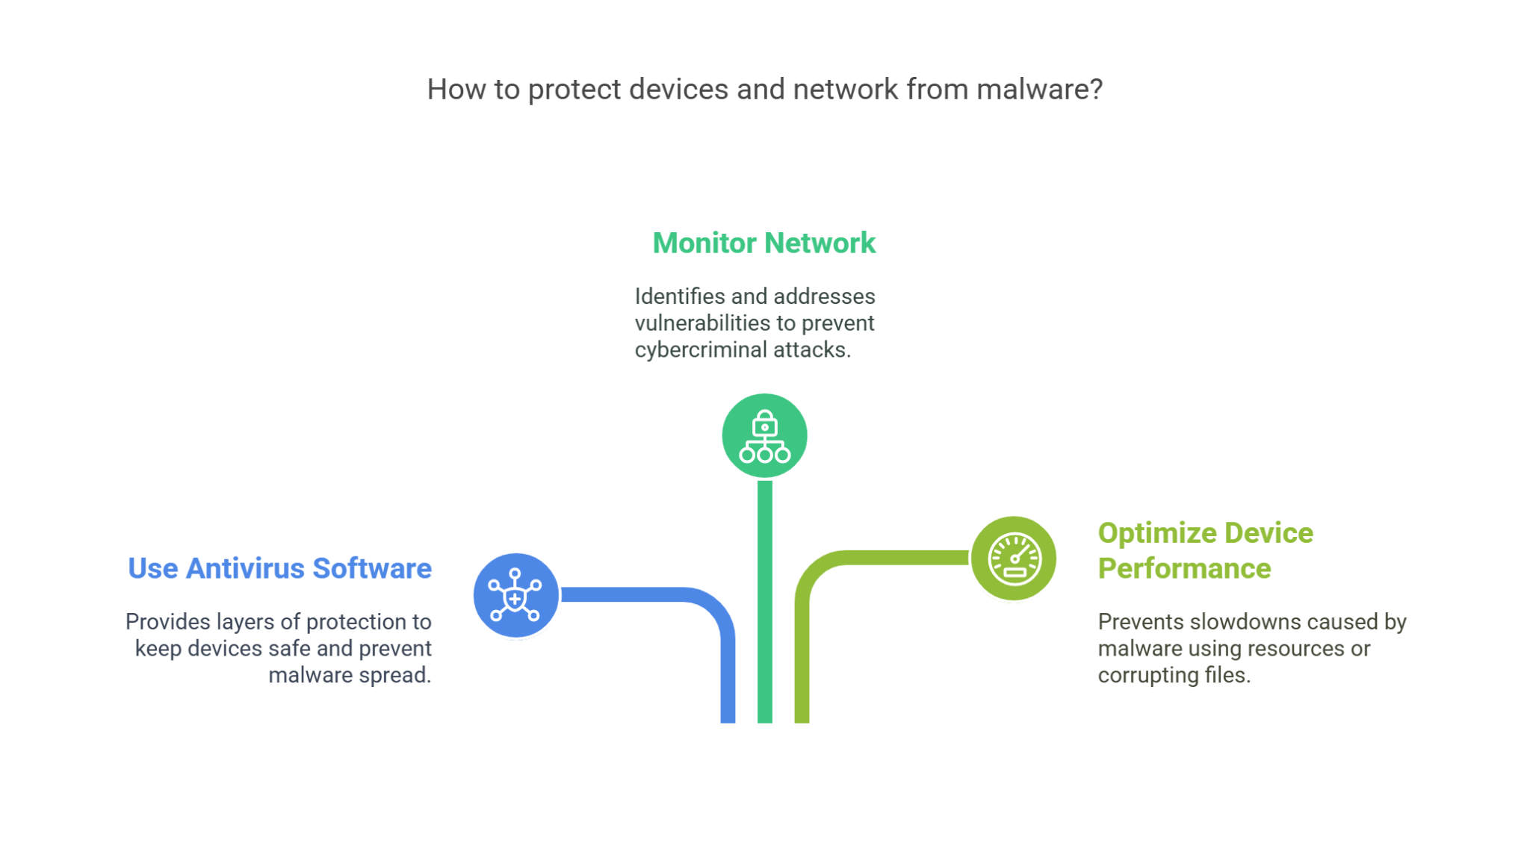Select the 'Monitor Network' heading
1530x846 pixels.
764,243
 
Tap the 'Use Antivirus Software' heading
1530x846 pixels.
279,568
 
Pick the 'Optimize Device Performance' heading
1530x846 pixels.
1205,550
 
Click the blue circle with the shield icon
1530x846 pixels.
515,595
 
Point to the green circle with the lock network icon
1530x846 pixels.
764,435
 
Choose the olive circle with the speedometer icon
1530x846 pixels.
1013,559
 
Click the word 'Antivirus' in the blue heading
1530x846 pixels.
245,568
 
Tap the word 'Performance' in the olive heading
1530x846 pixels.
1184,568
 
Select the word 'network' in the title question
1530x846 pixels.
845,90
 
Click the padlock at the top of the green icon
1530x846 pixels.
764,423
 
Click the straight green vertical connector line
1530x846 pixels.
764,597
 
